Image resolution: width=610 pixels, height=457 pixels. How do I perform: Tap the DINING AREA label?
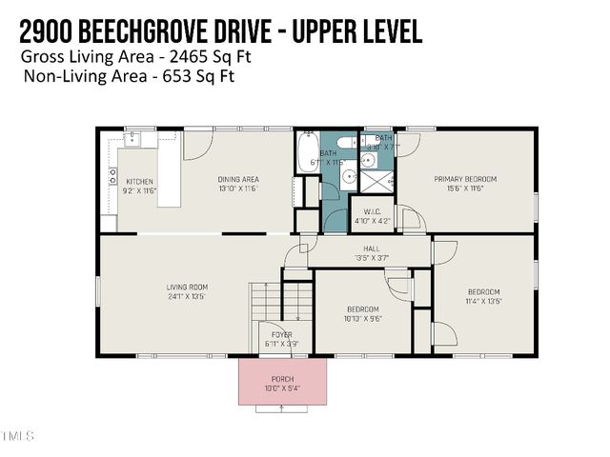pyautogui.click(x=238, y=180)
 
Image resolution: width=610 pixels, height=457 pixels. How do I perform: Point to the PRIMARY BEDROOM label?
pyautogui.click(x=465, y=179)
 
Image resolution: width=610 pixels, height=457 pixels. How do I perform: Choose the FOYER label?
pyautogui.click(x=281, y=334)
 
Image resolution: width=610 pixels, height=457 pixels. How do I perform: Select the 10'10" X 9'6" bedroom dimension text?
pyautogui.click(x=362, y=321)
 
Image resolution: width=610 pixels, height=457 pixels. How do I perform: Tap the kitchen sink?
pyautogui.click(x=133, y=140)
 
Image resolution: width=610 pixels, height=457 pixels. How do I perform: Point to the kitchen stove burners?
pyautogui.click(x=112, y=176)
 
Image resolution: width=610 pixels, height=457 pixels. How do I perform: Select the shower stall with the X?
pyautogui.click(x=379, y=181)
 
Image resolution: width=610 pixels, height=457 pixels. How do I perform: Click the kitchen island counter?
pyautogui.click(x=169, y=169)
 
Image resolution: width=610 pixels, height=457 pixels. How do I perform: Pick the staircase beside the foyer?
pyautogui.click(x=268, y=302)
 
